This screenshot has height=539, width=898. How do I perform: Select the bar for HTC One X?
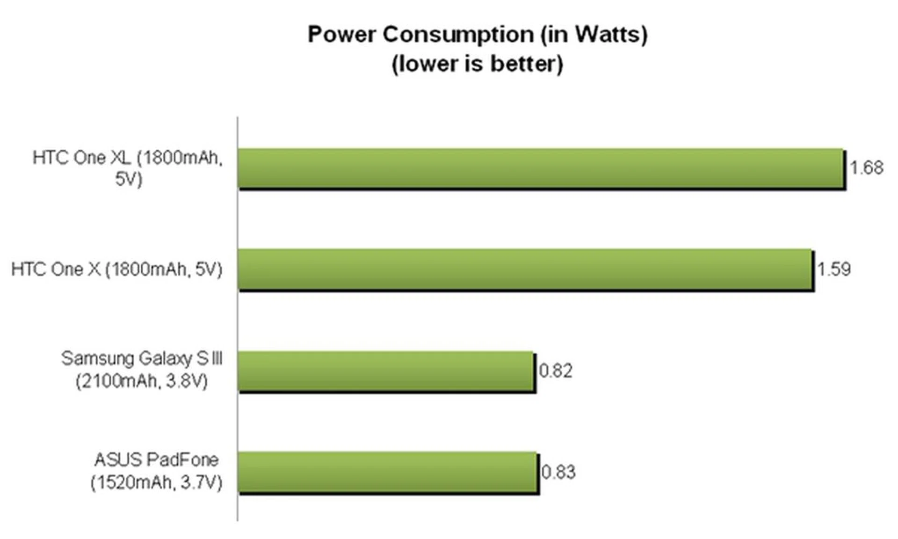[x=525, y=269]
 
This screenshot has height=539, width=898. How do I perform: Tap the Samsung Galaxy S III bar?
[x=386, y=371]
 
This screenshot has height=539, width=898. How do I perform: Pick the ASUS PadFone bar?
[x=387, y=472]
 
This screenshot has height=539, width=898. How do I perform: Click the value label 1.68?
[x=866, y=168]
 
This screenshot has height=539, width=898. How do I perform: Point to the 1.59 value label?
[x=833, y=269]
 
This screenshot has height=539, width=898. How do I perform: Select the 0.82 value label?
[x=556, y=371]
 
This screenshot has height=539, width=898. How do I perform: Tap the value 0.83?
[x=558, y=472]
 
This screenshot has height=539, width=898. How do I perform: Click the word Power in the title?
[x=341, y=35]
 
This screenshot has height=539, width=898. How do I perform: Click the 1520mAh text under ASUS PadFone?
[x=133, y=482]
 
